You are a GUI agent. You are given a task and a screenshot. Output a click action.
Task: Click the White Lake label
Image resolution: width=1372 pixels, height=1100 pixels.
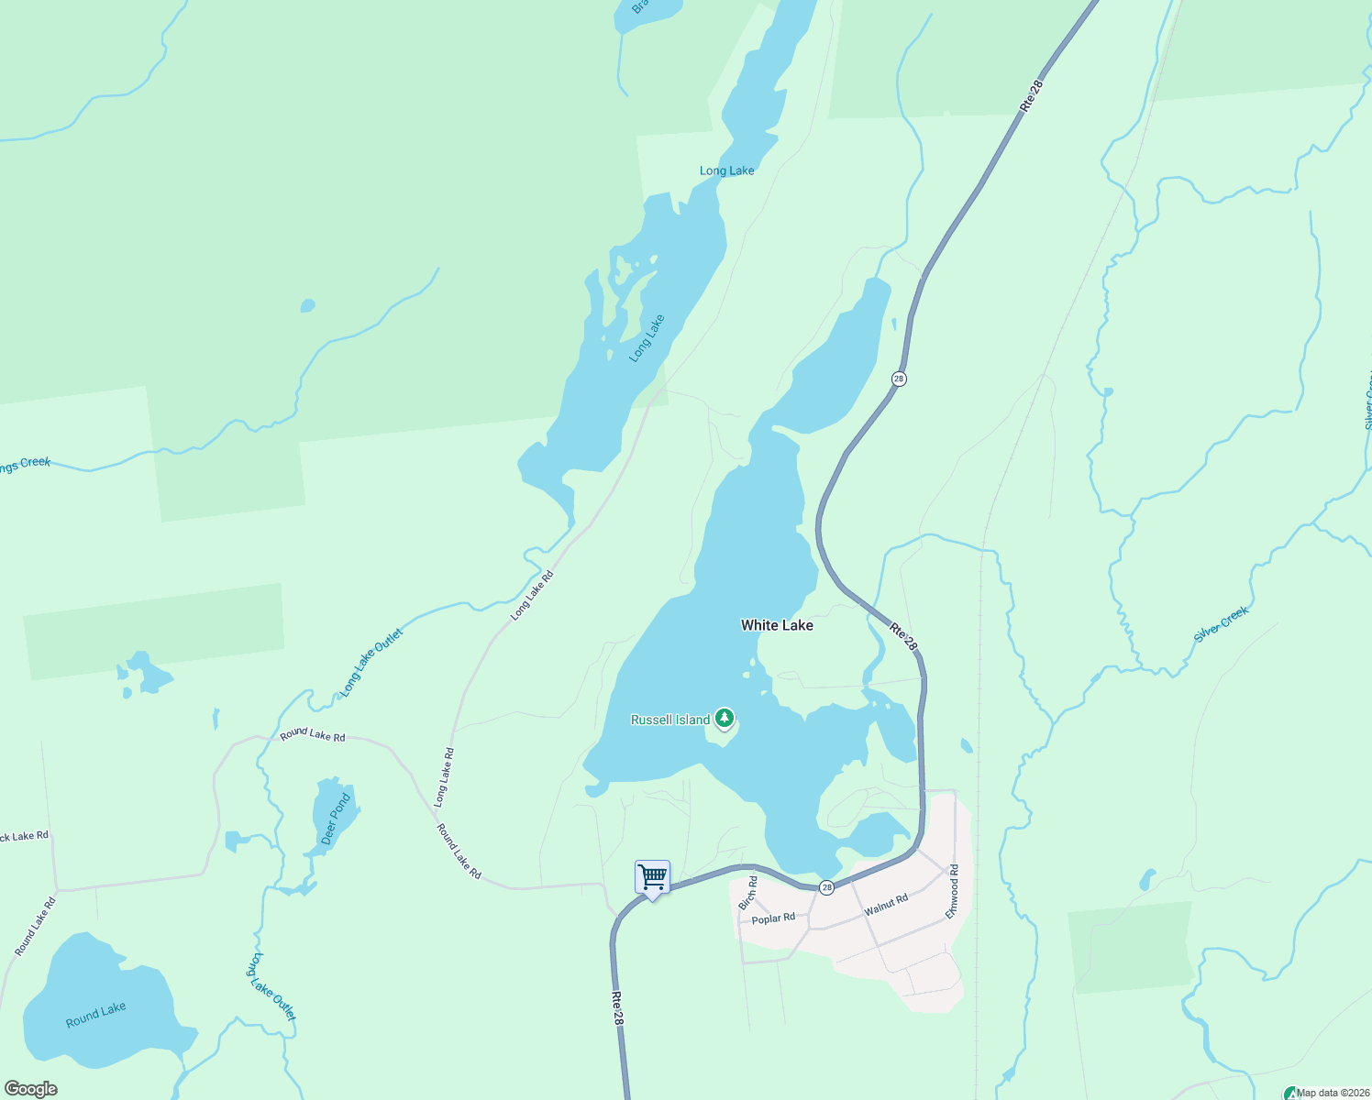coord(777,625)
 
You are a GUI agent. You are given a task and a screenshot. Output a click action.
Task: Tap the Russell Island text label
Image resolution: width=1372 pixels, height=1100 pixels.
coord(670,720)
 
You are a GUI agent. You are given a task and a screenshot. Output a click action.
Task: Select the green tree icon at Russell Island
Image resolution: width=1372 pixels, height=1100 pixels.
coord(725,718)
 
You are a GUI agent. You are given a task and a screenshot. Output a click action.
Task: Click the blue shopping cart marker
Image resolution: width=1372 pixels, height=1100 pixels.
coord(652,878)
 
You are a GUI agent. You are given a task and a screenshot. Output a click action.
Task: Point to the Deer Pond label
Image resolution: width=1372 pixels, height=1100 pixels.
coord(336,819)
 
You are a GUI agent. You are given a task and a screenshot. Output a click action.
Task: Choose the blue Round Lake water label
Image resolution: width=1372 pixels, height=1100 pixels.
coord(96,1015)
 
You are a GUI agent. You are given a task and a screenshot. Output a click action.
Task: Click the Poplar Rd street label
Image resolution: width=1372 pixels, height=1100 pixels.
coord(773,918)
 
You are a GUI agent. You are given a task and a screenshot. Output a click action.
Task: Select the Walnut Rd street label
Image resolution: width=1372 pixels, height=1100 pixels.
coord(886,905)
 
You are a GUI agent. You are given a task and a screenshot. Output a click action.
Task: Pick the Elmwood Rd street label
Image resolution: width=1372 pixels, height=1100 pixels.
coord(953,891)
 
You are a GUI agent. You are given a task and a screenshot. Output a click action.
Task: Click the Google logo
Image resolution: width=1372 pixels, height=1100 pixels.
coord(30,1089)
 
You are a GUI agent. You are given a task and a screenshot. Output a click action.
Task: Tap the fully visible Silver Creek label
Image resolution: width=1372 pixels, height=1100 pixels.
coord(1221,624)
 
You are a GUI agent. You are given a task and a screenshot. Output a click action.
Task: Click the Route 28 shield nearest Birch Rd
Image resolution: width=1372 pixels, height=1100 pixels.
coord(826,887)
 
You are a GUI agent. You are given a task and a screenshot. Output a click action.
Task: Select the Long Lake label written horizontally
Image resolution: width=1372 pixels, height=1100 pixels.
coord(726,170)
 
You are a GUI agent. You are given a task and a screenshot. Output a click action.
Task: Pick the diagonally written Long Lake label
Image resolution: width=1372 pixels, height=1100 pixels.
coord(647,338)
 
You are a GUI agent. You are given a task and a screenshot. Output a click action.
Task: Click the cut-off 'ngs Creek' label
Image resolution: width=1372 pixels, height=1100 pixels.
coord(25,466)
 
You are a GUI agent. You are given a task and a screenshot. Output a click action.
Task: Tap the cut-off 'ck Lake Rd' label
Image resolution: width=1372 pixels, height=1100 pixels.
coord(24,836)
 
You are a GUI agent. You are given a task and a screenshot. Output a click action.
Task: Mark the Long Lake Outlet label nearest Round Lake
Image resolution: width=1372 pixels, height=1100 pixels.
coord(272,987)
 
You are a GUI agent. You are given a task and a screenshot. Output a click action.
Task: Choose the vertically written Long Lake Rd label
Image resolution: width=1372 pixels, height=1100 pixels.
coord(444,777)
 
